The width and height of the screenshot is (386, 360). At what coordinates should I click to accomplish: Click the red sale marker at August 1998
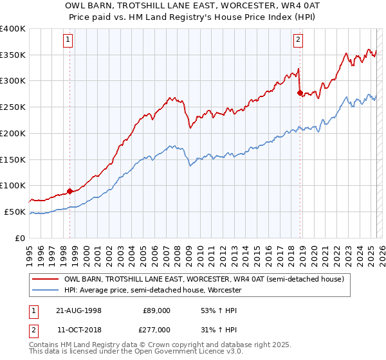click(x=70, y=191)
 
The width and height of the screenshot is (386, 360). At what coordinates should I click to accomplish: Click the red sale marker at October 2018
click(x=300, y=93)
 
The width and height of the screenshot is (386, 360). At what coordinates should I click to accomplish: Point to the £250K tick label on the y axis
click(x=13, y=107)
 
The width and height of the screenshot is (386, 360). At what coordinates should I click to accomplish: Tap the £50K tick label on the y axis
click(x=15, y=212)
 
